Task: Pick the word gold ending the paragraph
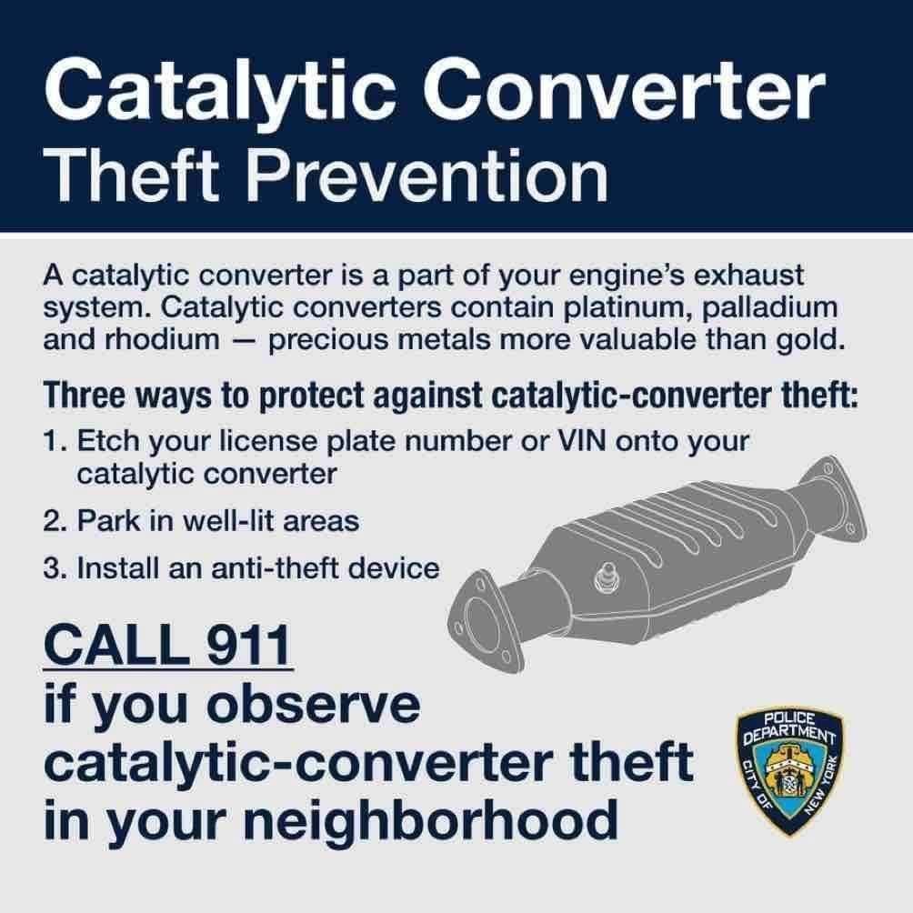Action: (814, 340)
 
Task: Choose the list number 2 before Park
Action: (52, 522)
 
